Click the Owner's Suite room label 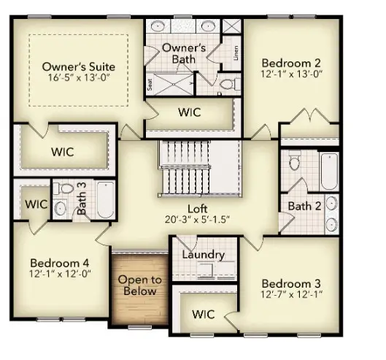(78, 66)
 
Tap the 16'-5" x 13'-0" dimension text (78, 77)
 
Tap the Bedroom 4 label (60, 262)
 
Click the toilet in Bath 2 (296, 161)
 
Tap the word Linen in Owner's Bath (236, 53)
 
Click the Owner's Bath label (184, 53)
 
